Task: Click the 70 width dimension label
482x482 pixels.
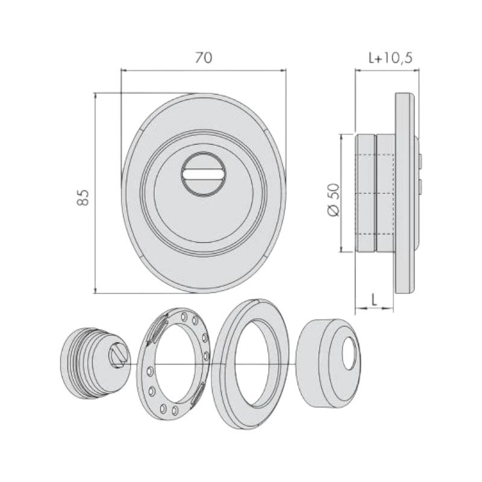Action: coord(204,58)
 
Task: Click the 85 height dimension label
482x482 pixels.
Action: coord(83,198)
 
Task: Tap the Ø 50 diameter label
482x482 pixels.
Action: coord(334,200)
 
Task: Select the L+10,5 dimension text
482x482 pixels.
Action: coord(390,58)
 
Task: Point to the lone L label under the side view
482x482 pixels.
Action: coord(374,299)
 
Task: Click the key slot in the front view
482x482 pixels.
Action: coord(204,175)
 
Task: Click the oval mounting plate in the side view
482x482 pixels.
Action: coord(405,193)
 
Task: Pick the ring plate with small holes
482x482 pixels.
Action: coord(173,364)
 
